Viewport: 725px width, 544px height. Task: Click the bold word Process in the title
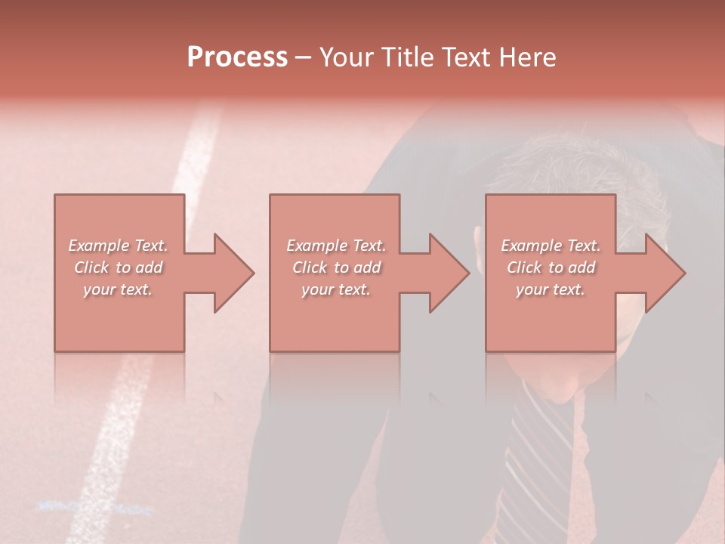[x=237, y=57]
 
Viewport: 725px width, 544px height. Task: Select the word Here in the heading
[x=527, y=57]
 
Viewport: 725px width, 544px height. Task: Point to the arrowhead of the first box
[x=230, y=273]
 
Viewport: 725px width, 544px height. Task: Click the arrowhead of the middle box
[x=445, y=273]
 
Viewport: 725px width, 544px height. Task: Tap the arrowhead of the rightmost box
[x=662, y=273]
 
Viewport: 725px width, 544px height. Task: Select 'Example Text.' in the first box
[x=118, y=246]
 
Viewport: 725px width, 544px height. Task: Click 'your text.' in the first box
[x=118, y=289]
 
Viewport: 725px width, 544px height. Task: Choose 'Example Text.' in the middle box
[x=336, y=246]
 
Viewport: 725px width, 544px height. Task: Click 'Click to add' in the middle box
[x=336, y=267]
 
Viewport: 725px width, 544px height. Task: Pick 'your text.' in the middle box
[x=336, y=289]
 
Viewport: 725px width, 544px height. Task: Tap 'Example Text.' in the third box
[x=551, y=246]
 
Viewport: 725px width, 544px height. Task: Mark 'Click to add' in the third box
[x=551, y=267]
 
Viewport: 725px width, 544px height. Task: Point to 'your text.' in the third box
[x=551, y=289]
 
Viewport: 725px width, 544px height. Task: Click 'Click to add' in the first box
[x=118, y=267]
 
